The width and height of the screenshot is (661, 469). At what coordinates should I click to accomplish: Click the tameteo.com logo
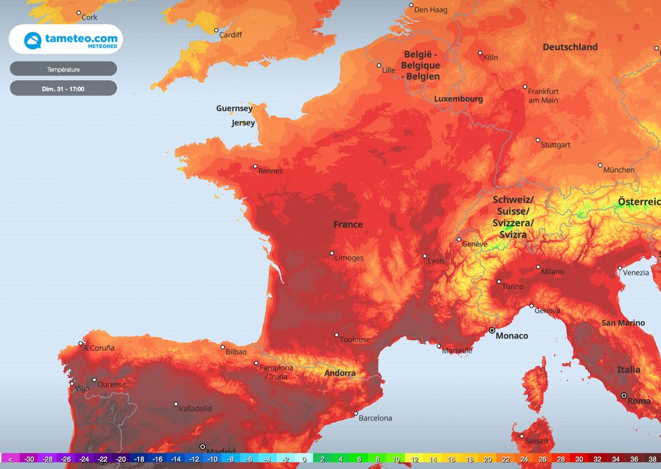[65, 39]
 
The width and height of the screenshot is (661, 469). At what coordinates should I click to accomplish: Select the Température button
[63, 69]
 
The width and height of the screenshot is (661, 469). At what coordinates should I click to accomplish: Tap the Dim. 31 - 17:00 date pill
[63, 89]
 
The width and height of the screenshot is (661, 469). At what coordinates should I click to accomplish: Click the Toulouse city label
[356, 340]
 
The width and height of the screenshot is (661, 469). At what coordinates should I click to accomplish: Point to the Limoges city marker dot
[332, 253]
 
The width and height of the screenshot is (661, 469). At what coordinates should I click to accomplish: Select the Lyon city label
[436, 261]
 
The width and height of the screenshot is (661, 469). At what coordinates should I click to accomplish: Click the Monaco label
[511, 336]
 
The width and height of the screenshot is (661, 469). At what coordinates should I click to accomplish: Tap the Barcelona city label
[375, 418]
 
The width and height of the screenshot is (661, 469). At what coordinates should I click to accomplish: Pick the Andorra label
[340, 373]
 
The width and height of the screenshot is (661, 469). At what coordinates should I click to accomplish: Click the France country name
[348, 225]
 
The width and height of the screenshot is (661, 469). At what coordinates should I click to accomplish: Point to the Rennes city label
[270, 171]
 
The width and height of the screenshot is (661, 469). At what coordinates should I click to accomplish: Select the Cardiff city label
[230, 35]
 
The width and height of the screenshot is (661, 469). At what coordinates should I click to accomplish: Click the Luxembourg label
[458, 99]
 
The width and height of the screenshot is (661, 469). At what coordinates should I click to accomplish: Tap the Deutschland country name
[570, 47]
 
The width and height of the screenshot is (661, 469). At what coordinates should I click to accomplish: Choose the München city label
[618, 170]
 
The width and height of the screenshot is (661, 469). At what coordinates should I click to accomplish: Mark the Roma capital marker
[624, 395]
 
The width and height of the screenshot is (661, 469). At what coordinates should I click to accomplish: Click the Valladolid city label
[195, 409]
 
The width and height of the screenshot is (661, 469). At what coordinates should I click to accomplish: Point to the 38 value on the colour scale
[652, 459]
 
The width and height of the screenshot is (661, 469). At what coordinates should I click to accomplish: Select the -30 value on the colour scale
[29, 459]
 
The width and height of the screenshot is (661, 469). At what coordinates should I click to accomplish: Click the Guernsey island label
[234, 109]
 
